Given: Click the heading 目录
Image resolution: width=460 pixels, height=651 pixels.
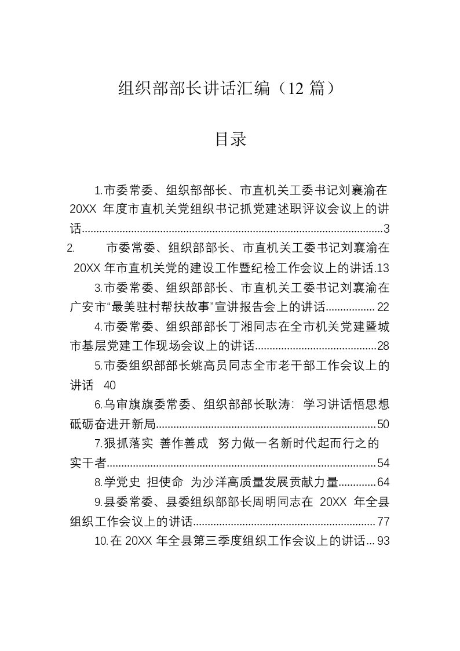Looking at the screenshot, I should click(x=230, y=139).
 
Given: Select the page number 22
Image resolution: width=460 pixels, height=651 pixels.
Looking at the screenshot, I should click(x=383, y=307).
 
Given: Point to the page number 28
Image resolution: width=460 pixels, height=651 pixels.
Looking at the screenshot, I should click(x=383, y=346).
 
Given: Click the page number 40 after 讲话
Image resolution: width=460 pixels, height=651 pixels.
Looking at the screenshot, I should click(x=109, y=386).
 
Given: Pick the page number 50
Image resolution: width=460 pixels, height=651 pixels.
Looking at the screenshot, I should click(x=383, y=425).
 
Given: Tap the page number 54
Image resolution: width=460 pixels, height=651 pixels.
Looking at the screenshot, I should click(x=383, y=463).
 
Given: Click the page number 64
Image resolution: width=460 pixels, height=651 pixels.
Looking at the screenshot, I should click(x=383, y=482).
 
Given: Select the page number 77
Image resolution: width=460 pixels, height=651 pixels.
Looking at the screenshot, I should click(x=383, y=521).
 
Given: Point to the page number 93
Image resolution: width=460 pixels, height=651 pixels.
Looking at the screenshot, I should click(x=383, y=541).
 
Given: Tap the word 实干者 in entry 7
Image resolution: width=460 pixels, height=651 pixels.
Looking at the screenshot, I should click(x=87, y=463).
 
